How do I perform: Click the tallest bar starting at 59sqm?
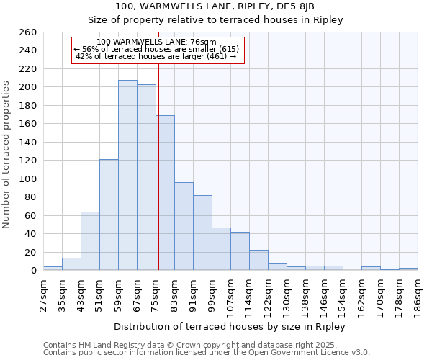[x=127, y=175]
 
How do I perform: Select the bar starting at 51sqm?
[x=109, y=215]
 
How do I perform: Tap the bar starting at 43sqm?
[x=90, y=241]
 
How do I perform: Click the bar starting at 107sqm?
[x=240, y=251]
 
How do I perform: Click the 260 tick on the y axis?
[x=28, y=32]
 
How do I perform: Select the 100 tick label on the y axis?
[x=28, y=179]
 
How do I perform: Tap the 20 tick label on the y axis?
[x=31, y=253]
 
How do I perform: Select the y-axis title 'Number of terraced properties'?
[x=6, y=155]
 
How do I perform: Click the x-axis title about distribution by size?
[x=230, y=327]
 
